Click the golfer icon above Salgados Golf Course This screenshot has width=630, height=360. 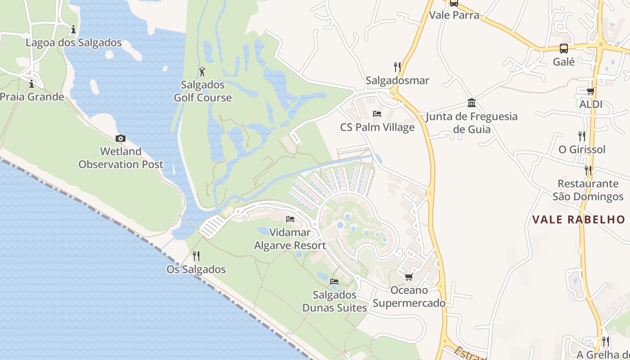click(202, 71)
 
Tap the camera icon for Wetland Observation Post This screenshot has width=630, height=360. click(121, 138)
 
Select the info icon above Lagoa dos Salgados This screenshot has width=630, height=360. click(73, 30)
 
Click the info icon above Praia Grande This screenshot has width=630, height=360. click(31, 84)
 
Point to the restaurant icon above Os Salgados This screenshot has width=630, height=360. click(196, 256)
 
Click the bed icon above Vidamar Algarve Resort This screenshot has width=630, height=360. click(290, 219)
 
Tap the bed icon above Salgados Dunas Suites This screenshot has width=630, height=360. click(334, 282)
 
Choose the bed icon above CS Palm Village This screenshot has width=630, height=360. click(377, 114)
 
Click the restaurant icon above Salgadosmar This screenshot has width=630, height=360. click(397, 67)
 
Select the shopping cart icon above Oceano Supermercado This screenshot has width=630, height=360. click(409, 277)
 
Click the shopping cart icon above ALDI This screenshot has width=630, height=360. click(591, 91)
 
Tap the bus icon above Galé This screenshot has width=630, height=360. click(564, 48)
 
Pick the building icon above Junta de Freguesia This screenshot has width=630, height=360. click(472, 103)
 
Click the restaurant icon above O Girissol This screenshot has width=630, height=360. click(582, 136)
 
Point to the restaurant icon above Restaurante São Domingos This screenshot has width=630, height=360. click(588, 170)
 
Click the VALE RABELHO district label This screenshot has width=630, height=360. click(579, 220)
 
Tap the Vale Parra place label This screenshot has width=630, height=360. click(454, 15)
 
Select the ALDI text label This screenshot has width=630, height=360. click(591, 104)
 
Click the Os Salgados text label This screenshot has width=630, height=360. click(196, 270)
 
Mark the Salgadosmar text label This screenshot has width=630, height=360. click(397, 81)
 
